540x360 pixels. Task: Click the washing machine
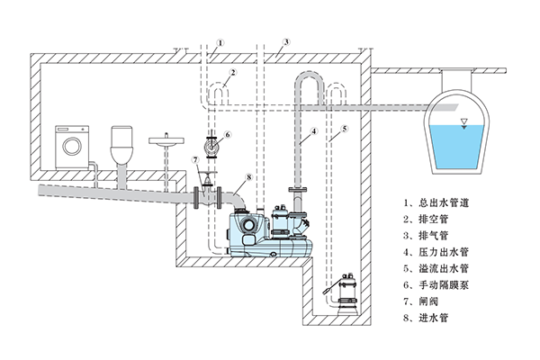[x=75, y=146]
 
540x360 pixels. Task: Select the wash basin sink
[x=165, y=141]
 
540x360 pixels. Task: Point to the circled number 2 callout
[x=232, y=72]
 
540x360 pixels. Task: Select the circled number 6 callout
[x=228, y=134]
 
